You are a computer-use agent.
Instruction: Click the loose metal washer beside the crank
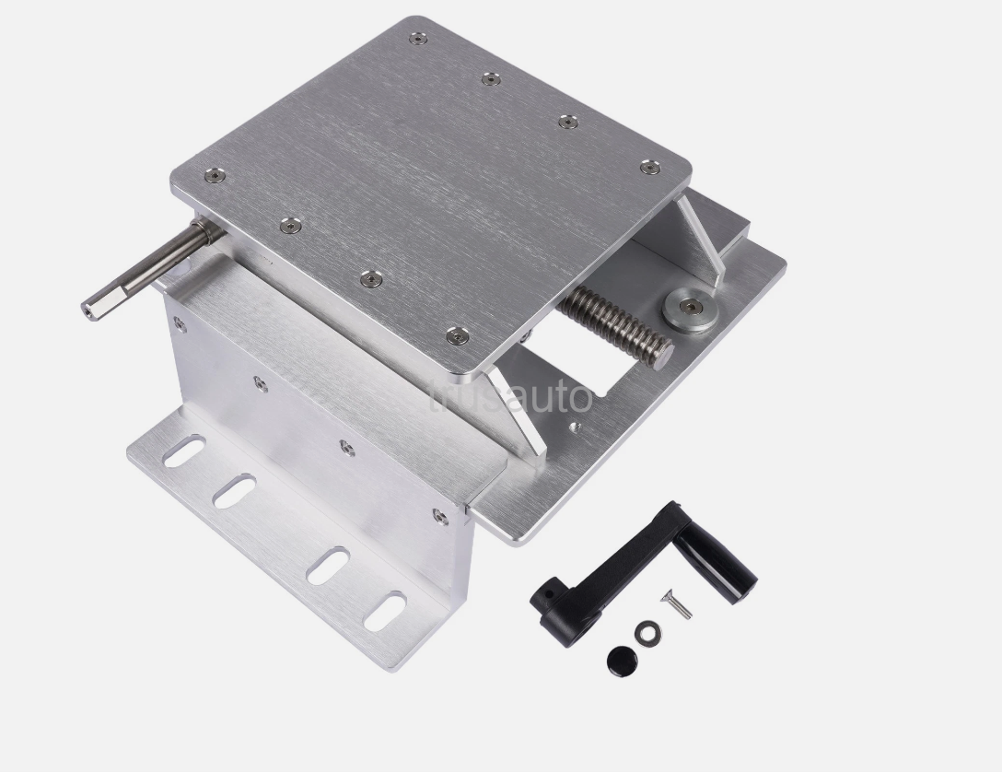coord(647,632)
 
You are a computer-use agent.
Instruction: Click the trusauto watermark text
coord(512,396)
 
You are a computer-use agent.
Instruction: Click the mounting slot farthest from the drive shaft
coord(384,611)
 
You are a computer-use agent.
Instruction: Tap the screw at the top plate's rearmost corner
coord(418,39)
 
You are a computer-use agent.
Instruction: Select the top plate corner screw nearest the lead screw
coord(455,336)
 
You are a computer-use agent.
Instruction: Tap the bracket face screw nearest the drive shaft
coord(180,323)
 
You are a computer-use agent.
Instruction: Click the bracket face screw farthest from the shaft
coord(439,516)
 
